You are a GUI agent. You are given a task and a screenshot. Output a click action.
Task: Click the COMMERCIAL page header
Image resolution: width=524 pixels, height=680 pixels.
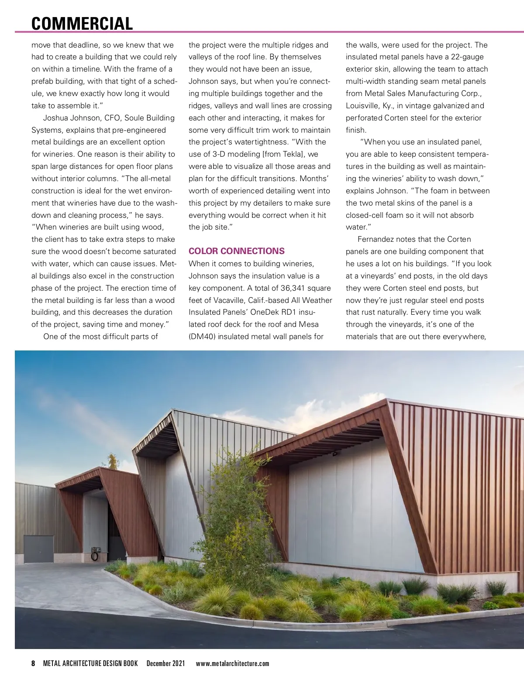coord(82,24)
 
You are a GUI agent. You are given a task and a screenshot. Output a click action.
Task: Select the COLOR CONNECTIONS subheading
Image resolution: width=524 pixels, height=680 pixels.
coord(236,251)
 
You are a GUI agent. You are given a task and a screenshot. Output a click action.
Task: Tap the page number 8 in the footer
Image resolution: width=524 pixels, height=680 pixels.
coord(33,663)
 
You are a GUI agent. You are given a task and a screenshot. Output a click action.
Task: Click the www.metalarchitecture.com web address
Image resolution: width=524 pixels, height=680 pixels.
coord(232,663)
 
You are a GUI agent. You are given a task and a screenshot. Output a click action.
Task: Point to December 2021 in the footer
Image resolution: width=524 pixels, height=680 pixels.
coord(165,663)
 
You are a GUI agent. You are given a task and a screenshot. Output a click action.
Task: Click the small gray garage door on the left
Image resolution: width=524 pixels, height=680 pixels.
coord(38,549)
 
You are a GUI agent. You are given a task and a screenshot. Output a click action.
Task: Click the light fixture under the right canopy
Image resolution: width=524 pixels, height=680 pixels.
coord(335,453)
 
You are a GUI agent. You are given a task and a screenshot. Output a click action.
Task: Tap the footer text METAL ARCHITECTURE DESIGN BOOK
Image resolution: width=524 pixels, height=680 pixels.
coord(90,663)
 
